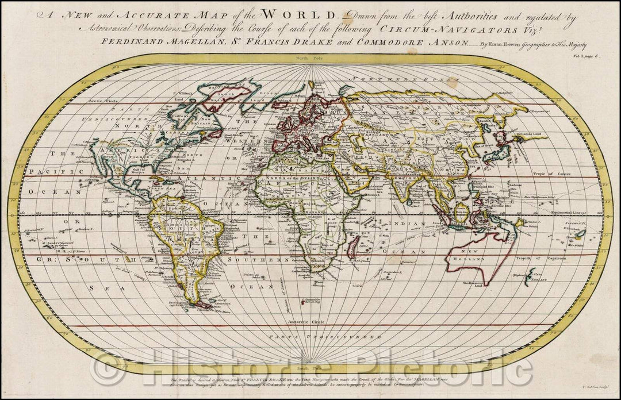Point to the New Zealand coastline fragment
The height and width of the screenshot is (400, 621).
click(532, 276)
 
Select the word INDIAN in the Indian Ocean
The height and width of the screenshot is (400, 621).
click(401, 223)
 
